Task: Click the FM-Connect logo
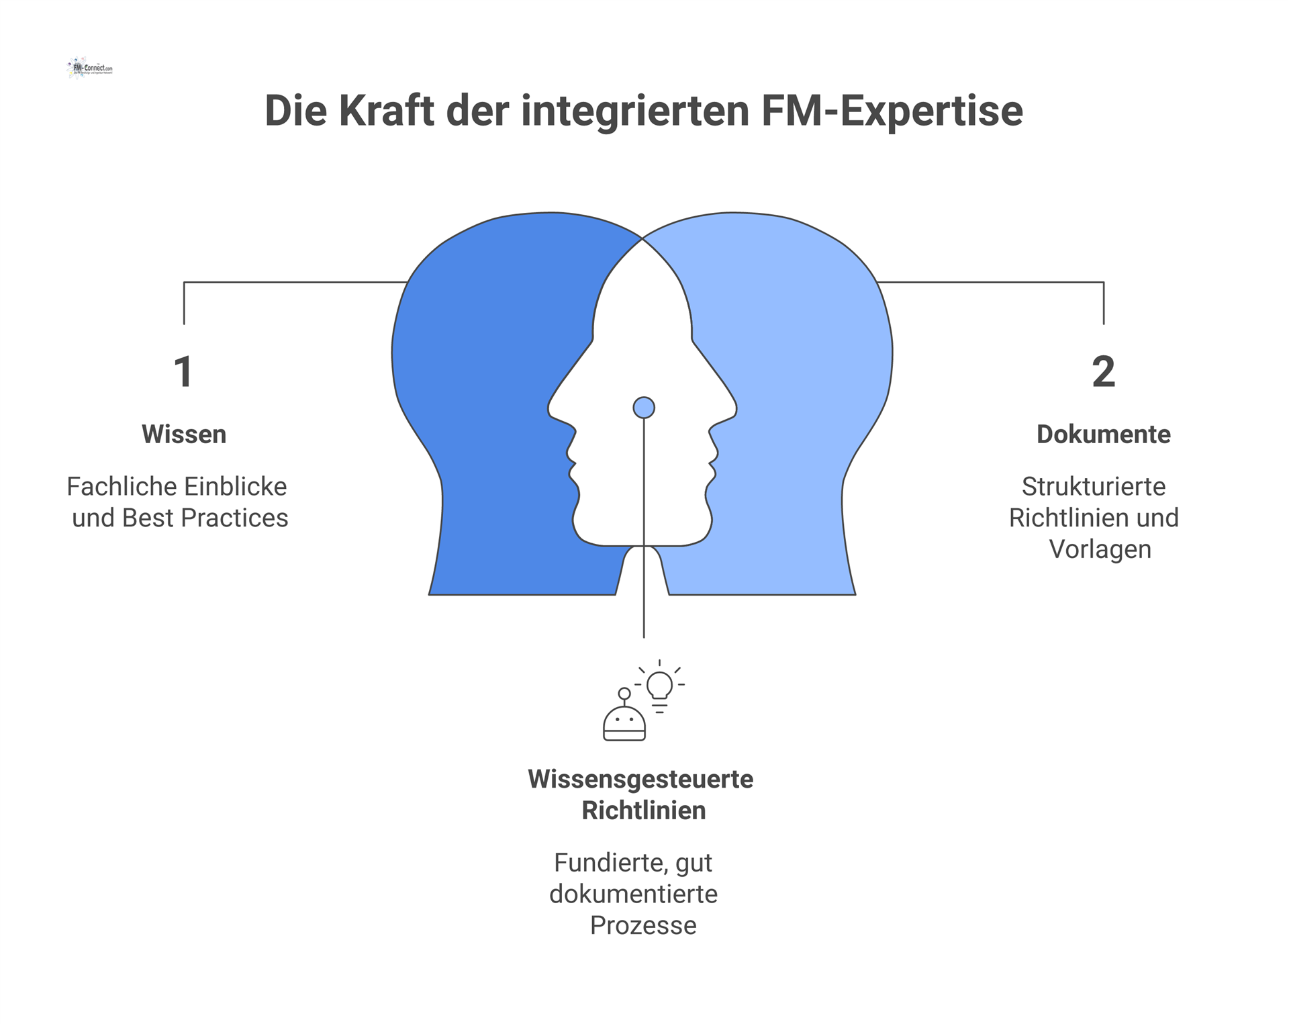pos(90,68)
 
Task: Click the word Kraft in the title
pos(386,111)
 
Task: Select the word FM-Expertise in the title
pos(892,111)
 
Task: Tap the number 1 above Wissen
pos(183,371)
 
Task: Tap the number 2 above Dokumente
pos(1103,371)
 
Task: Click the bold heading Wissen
pos(184,434)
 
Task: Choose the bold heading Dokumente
pos(1103,434)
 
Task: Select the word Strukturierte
pos(1093,486)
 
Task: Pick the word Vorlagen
pos(1100,549)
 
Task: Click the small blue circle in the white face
pos(644,408)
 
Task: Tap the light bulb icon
pos(659,687)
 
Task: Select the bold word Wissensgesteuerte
pos(640,779)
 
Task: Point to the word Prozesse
pos(643,925)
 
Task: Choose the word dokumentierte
pos(633,894)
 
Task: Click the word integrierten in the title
pos(634,111)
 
